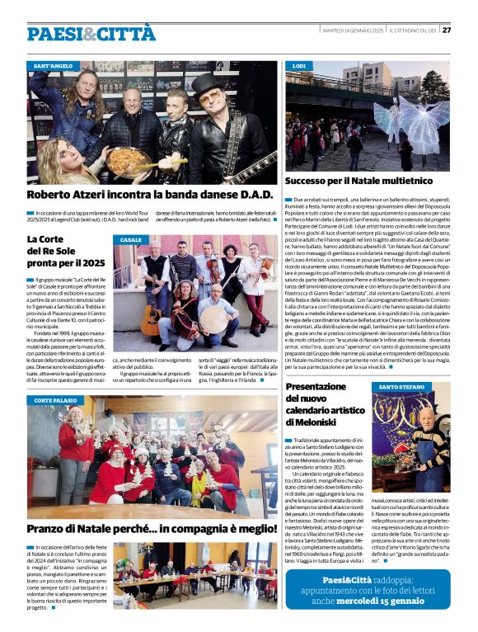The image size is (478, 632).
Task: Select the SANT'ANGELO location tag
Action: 53,64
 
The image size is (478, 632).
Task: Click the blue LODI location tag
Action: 299,64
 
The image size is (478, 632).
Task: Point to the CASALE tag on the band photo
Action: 131,240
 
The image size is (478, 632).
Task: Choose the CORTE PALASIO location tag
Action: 55,400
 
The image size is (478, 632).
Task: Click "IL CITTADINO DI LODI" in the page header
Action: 412,31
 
